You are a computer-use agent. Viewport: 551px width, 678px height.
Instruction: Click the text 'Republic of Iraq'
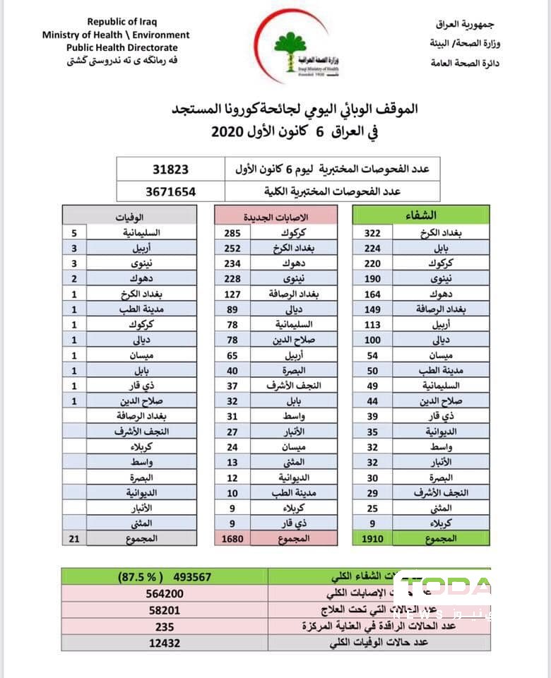click(x=117, y=23)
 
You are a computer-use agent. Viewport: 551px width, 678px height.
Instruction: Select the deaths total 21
click(x=75, y=538)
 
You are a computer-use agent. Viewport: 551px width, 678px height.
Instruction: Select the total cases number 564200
click(x=165, y=594)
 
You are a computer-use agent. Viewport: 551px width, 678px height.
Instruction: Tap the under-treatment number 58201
click(x=165, y=610)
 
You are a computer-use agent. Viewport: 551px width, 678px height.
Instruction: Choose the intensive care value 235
click(x=165, y=626)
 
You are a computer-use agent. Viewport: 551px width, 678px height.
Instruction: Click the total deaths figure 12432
click(x=165, y=643)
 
